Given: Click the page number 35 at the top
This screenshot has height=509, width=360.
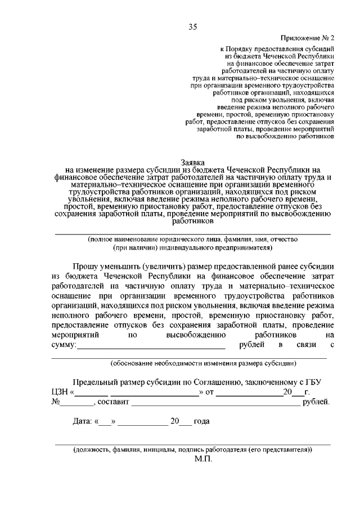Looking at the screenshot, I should pos(193,26).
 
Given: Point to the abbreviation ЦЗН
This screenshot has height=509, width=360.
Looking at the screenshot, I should pos(60,392).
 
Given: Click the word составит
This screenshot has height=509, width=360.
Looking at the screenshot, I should pos(114,402).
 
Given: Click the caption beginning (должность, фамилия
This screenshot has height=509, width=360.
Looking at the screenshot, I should pos(192,450).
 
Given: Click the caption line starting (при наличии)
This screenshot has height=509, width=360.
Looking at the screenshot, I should pos(192,247).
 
